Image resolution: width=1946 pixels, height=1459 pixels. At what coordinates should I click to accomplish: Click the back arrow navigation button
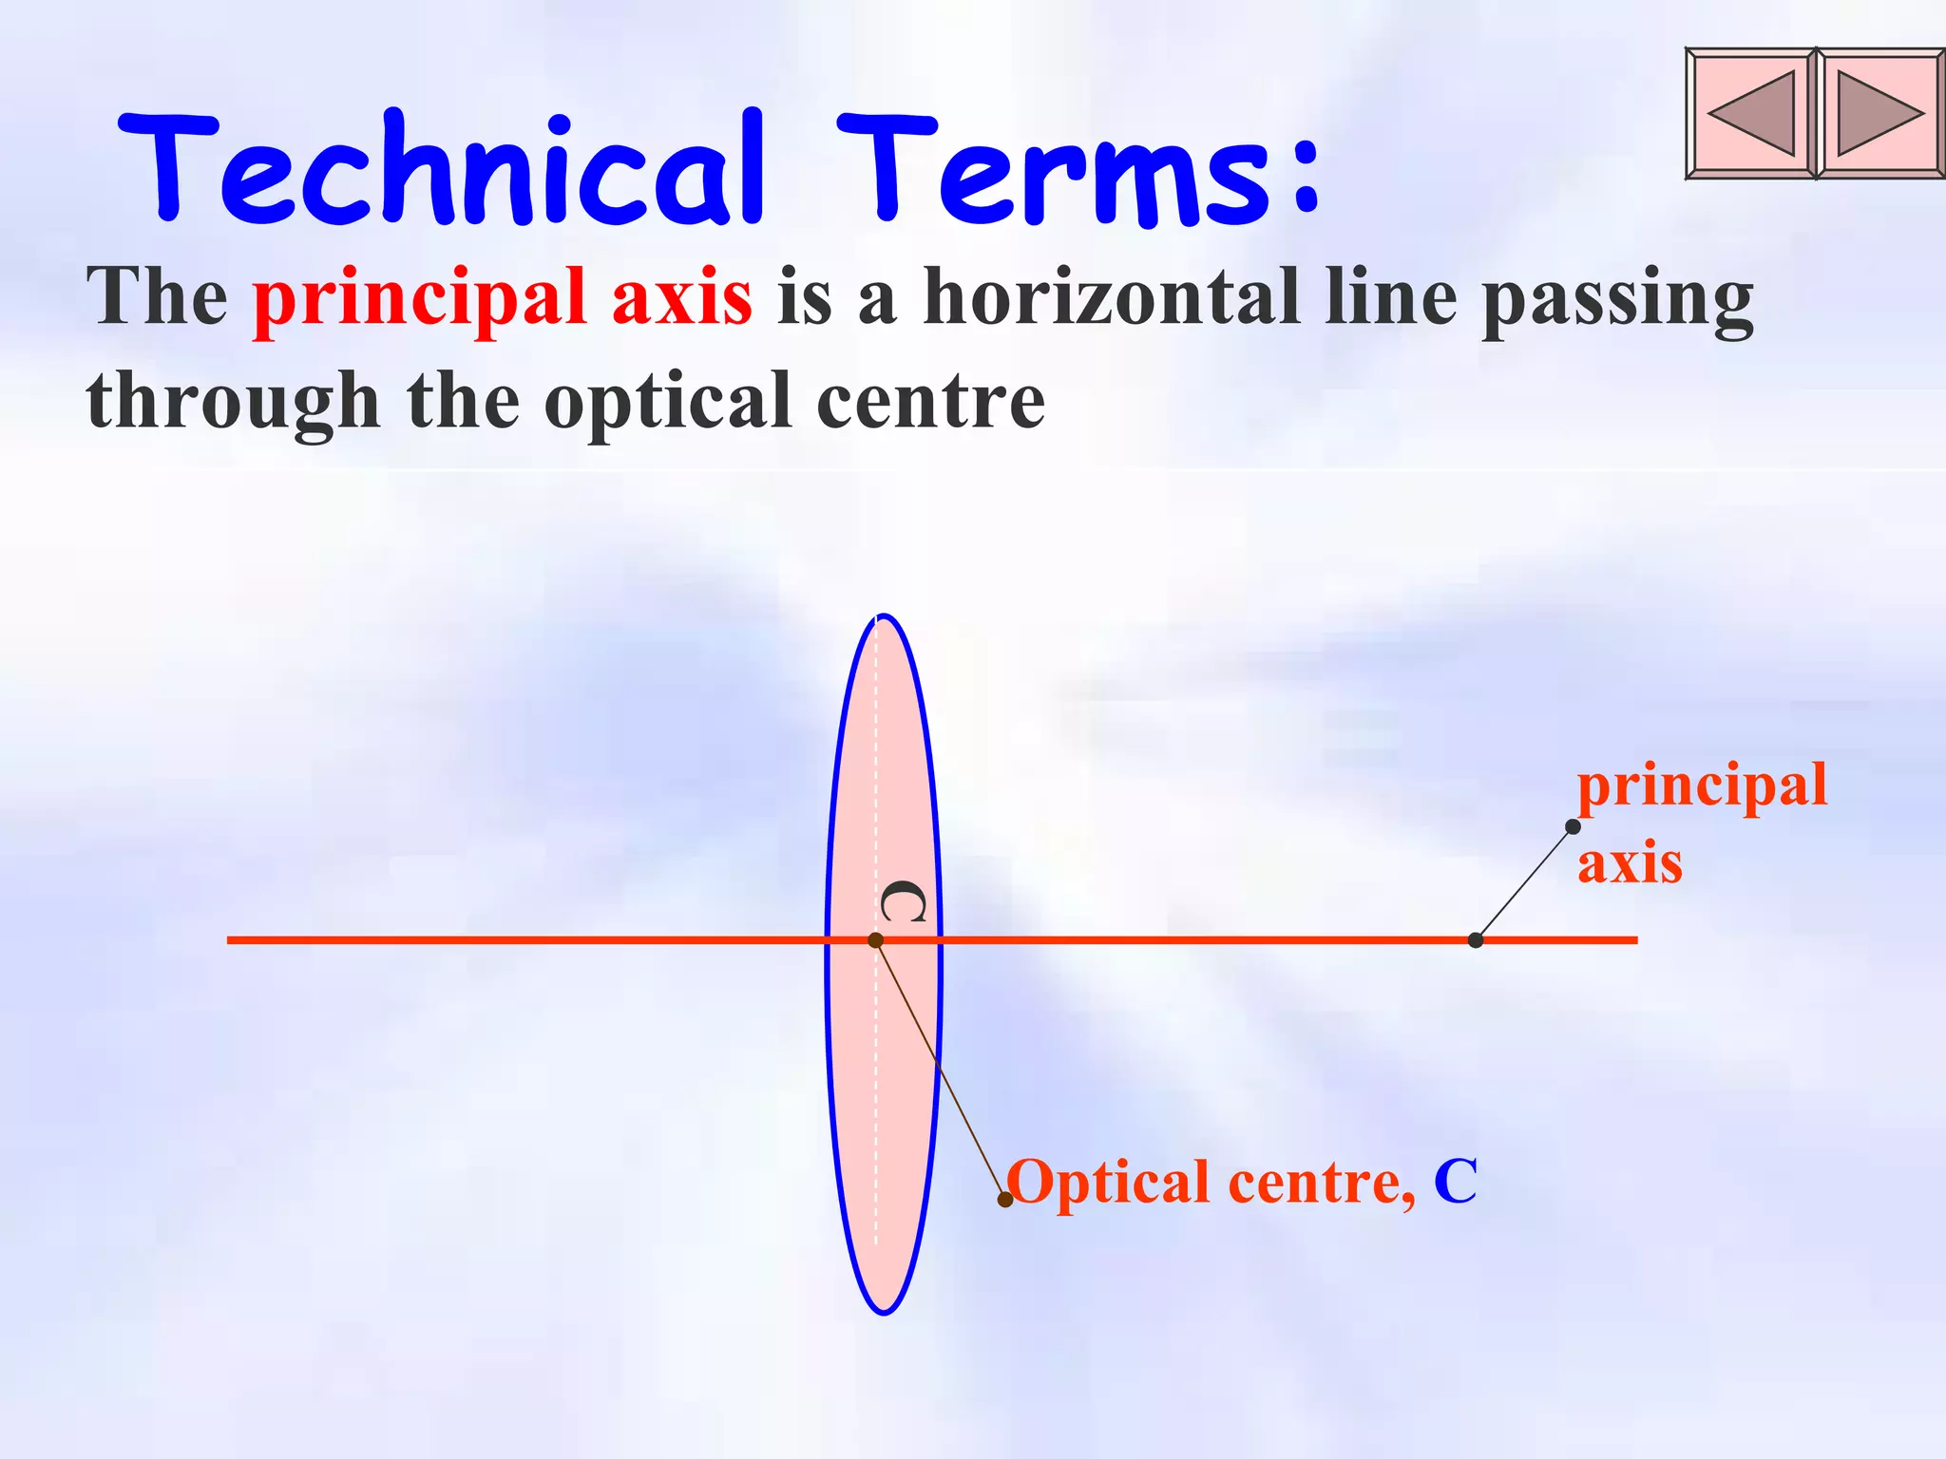(x=1751, y=113)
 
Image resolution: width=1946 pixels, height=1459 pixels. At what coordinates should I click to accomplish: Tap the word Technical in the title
(x=442, y=169)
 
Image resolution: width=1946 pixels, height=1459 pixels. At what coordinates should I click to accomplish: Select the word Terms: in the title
(x=1078, y=169)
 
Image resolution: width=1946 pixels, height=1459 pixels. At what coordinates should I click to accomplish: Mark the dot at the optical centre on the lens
(x=876, y=940)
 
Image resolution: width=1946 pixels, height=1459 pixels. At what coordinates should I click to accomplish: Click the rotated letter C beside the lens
(x=903, y=902)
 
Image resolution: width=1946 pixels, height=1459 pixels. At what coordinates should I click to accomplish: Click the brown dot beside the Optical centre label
(x=1005, y=1200)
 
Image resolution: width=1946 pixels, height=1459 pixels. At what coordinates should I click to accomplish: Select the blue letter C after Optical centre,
(x=1455, y=1182)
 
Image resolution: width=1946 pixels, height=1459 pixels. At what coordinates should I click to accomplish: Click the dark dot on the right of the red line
(x=1476, y=940)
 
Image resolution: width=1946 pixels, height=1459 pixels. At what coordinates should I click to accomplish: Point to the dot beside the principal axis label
(x=1573, y=826)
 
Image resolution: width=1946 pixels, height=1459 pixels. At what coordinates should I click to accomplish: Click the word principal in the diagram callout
(x=1702, y=786)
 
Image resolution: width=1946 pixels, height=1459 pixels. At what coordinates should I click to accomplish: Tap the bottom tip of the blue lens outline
(x=884, y=1313)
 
